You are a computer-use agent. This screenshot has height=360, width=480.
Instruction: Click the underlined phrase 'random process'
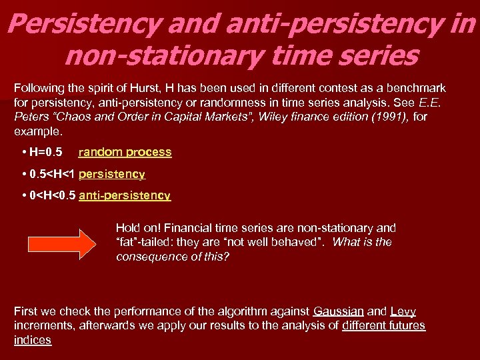(125, 152)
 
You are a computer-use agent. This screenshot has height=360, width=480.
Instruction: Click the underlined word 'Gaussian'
(338, 311)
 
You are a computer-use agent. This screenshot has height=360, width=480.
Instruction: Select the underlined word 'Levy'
(403, 311)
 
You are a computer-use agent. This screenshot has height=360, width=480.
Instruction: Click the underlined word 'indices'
(32, 340)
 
